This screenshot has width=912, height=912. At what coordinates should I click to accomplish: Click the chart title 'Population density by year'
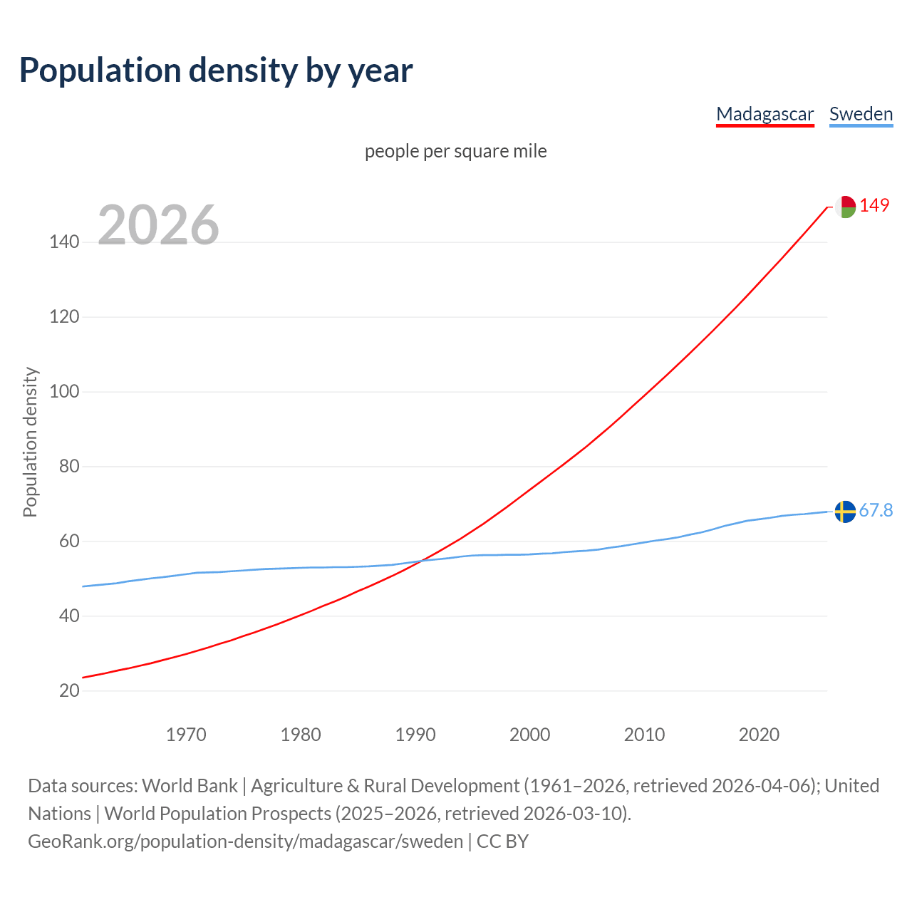pyautogui.click(x=216, y=71)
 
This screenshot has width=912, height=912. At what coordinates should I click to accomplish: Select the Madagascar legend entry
pyautogui.click(x=765, y=114)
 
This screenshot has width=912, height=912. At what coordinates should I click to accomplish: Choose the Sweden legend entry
pyautogui.click(x=861, y=114)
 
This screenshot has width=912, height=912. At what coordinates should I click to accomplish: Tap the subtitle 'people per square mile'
pyautogui.click(x=455, y=151)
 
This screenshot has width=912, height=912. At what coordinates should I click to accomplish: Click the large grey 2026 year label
pyautogui.click(x=158, y=225)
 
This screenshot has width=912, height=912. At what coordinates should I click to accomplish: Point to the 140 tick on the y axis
pyautogui.click(x=64, y=242)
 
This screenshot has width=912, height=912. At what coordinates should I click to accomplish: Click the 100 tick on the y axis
pyautogui.click(x=64, y=392)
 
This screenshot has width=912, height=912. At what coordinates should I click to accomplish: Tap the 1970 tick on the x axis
pyautogui.click(x=186, y=735)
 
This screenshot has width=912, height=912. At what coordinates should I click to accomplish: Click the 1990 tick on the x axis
pyautogui.click(x=415, y=735)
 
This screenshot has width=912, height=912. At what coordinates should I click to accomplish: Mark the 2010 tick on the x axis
pyautogui.click(x=644, y=735)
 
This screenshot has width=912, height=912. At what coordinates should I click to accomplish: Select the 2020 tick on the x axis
pyautogui.click(x=759, y=735)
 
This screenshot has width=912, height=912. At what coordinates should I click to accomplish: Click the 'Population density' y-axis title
pyautogui.click(x=30, y=442)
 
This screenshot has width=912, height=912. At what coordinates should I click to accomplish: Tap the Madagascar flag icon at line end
pyautogui.click(x=845, y=207)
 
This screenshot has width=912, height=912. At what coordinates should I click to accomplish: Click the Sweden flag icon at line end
pyautogui.click(x=845, y=512)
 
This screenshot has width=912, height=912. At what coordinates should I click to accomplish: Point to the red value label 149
pyautogui.click(x=874, y=206)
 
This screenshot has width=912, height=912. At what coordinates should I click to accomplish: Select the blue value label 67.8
pyautogui.click(x=876, y=511)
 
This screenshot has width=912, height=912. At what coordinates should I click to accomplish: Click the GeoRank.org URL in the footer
pyautogui.click(x=246, y=841)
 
